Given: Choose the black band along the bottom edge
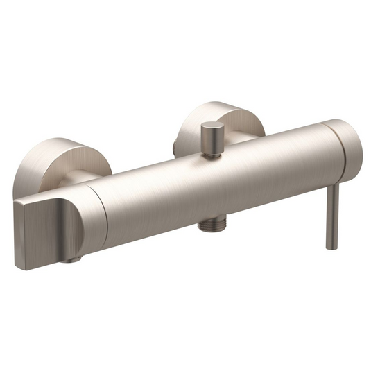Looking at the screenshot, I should (185, 341).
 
